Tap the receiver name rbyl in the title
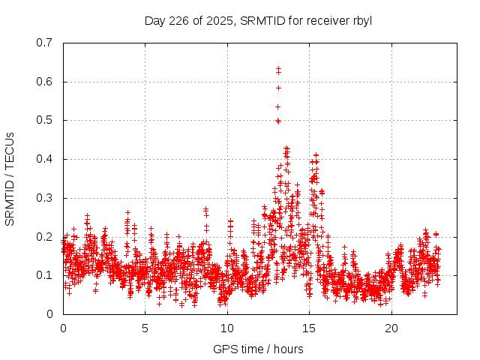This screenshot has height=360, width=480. coord(361,20)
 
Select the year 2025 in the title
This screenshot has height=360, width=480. coord(220,20)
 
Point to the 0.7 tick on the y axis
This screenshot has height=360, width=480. coord(44,43)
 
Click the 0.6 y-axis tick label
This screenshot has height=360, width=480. coord(44,82)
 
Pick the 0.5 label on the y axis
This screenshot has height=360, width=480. coord(44,120)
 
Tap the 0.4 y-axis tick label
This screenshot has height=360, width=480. coord(44,159)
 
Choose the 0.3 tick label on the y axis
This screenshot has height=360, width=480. coord(44,198)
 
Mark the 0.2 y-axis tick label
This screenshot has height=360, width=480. coord(44,236)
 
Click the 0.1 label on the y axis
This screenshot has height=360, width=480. coord(44,275)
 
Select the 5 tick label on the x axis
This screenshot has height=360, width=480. coord(145,328)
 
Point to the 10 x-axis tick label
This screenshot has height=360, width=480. coord(227,328)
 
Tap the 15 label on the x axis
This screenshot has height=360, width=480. coord(310,328)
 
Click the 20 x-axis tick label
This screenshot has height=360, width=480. coord(391,328)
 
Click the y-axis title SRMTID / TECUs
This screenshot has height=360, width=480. coord(10,178)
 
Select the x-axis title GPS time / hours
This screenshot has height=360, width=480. coord(258,349)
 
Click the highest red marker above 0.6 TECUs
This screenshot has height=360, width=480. coord(278,68)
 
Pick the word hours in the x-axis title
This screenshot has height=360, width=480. coord(289,349)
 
